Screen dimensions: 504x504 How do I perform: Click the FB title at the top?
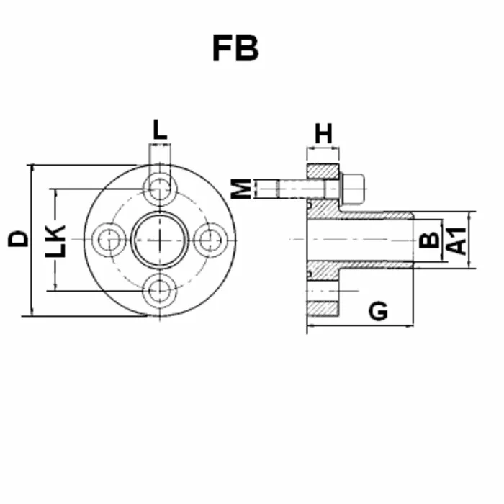235,48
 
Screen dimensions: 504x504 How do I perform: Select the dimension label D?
18,239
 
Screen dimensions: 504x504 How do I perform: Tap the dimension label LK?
55,241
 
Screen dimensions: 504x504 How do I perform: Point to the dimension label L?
160,130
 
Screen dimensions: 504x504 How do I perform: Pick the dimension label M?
241,189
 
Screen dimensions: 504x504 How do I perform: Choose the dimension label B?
429,240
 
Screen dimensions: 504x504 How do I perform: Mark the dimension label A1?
456,240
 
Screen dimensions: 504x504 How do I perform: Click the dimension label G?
378,311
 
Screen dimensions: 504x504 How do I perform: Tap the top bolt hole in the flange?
160,189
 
